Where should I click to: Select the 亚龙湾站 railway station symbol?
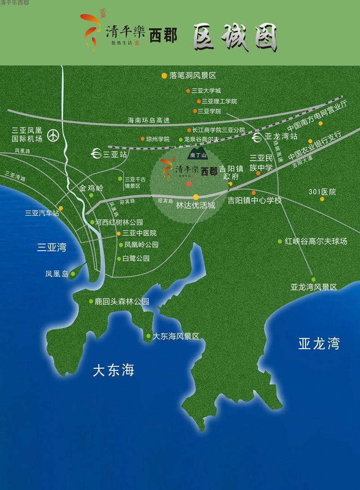[257, 136]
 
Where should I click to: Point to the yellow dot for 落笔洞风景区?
[164, 76]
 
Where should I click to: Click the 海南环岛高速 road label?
[149, 120]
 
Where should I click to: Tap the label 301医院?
[322, 192]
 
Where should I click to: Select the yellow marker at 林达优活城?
[196, 197]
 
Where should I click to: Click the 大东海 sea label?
[114, 370]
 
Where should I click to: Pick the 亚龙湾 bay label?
[319, 344]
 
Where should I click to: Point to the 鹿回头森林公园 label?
[121, 301]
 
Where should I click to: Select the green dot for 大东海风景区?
[148, 336]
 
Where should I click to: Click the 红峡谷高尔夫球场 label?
[316, 242]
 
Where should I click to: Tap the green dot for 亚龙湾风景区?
[314, 279]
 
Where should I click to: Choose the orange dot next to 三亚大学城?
[189, 90]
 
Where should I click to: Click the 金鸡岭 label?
[91, 188]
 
